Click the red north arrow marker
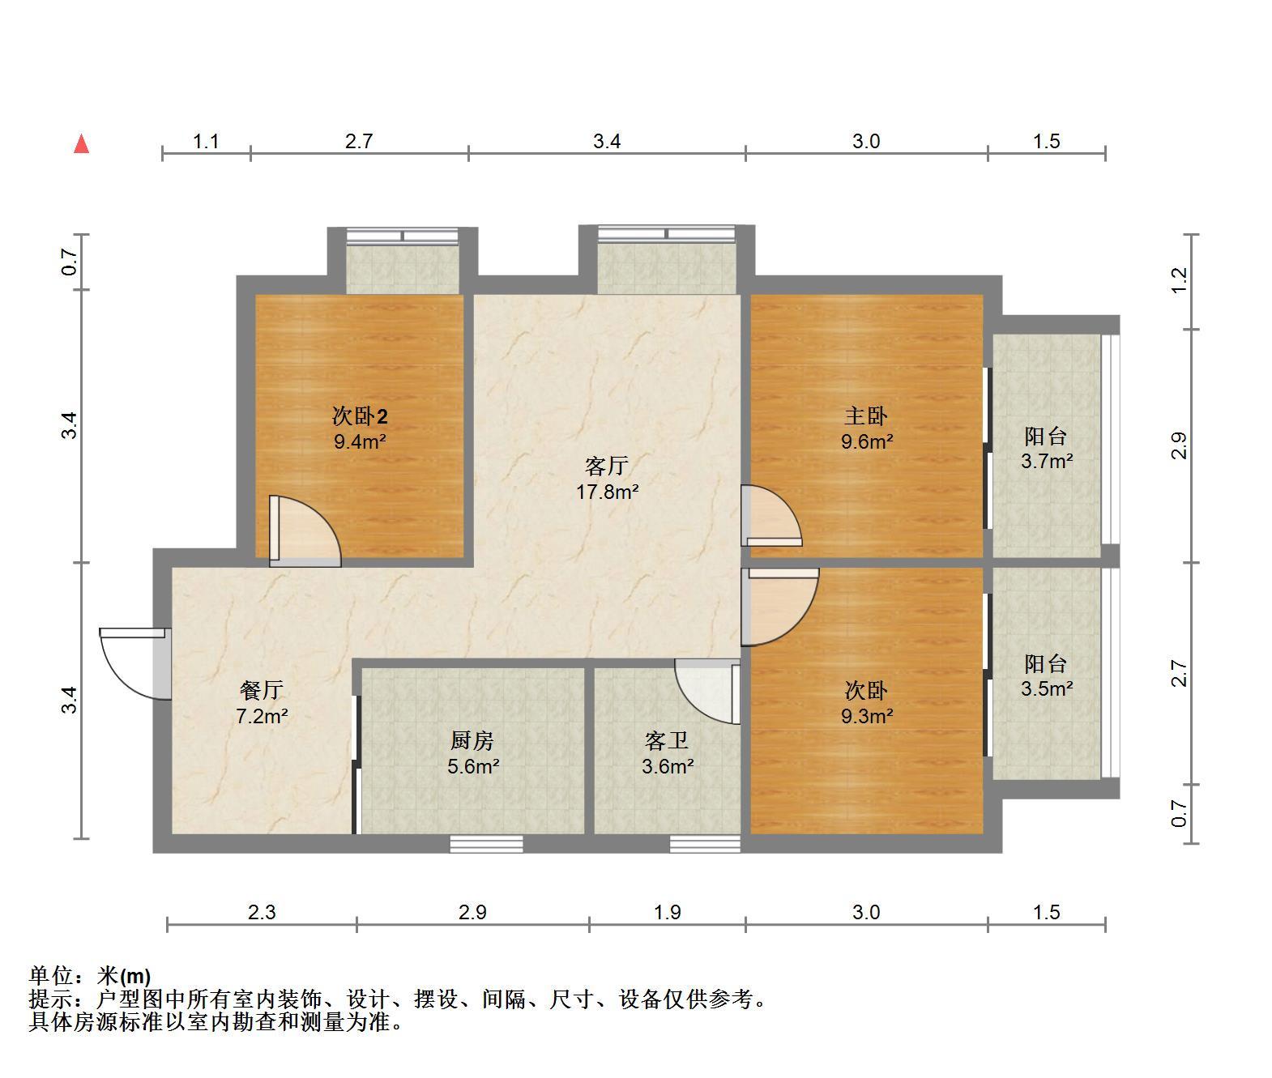pos(81,144)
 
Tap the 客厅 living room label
pos(607,466)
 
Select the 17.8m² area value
pos(607,492)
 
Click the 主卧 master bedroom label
pos(866,416)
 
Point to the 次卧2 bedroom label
pos(360,416)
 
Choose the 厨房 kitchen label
pos(472,740)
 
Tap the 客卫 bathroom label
pos(667,740)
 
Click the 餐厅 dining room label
pos(262,690)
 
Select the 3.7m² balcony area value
pos(1047,461)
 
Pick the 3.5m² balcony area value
pos(1047,688)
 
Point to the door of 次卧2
pos(305,531)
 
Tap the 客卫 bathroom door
pos(707,692)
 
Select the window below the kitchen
pos(486,844)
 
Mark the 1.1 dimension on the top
pos(206,142)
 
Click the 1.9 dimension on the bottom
pos(667,912)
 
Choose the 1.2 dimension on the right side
pos(1178,280)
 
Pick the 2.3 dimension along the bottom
pos(262,912)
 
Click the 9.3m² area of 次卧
pos(867,716)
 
